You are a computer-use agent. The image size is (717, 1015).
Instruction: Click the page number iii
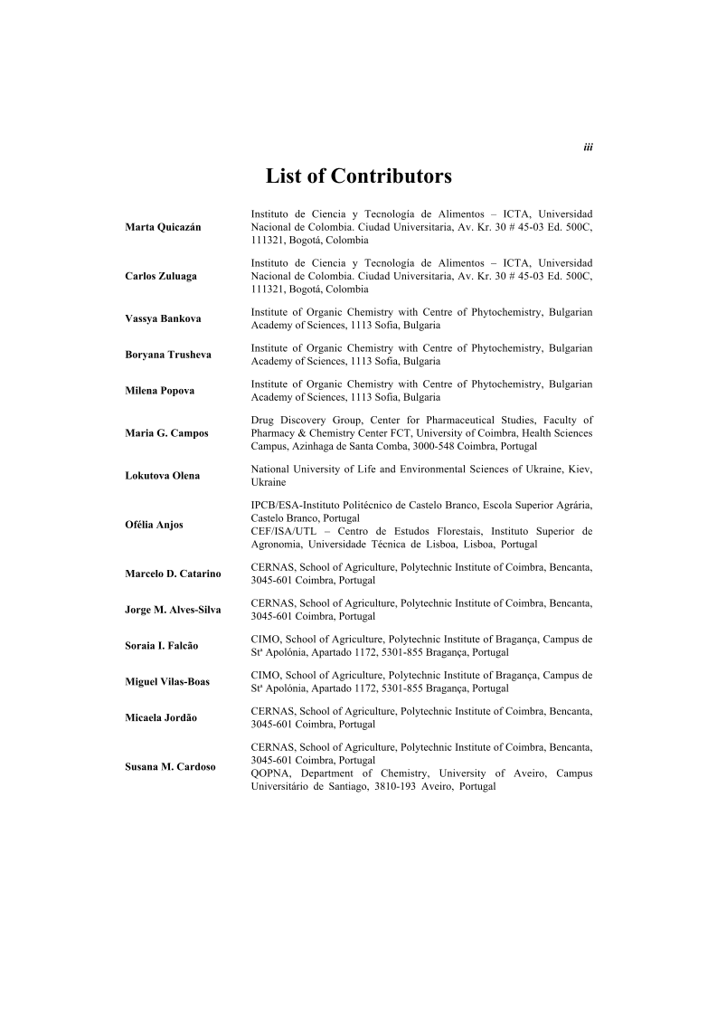coord(588,147)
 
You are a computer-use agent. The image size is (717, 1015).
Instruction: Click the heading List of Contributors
coord(358,175)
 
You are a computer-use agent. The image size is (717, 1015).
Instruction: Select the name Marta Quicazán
coord(163,227)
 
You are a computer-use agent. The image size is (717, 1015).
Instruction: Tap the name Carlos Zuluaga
coord(161,276)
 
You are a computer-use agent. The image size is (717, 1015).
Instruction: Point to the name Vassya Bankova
coord(163,318)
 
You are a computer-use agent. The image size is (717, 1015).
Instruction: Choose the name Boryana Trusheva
coord(168,355)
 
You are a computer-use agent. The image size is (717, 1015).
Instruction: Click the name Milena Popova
coord(158,391)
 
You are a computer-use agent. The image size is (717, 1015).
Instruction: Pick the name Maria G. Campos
coord(166,433)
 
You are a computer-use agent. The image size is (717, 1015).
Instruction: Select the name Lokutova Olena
coord(163,476)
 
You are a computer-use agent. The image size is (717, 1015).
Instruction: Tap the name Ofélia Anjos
coord(154,525)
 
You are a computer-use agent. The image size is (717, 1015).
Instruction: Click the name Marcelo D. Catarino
coord(173,574)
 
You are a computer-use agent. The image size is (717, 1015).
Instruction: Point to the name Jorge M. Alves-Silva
coord(173,610)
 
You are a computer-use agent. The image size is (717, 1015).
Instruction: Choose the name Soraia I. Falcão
coord(162,646)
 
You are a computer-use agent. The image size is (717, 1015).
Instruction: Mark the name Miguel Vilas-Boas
coord(167,682)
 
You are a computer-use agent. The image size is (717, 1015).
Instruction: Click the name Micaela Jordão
coord(161,718)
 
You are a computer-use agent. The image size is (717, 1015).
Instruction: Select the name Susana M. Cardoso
coord(170,767)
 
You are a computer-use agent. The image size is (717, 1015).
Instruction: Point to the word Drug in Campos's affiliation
coord(261,420)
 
